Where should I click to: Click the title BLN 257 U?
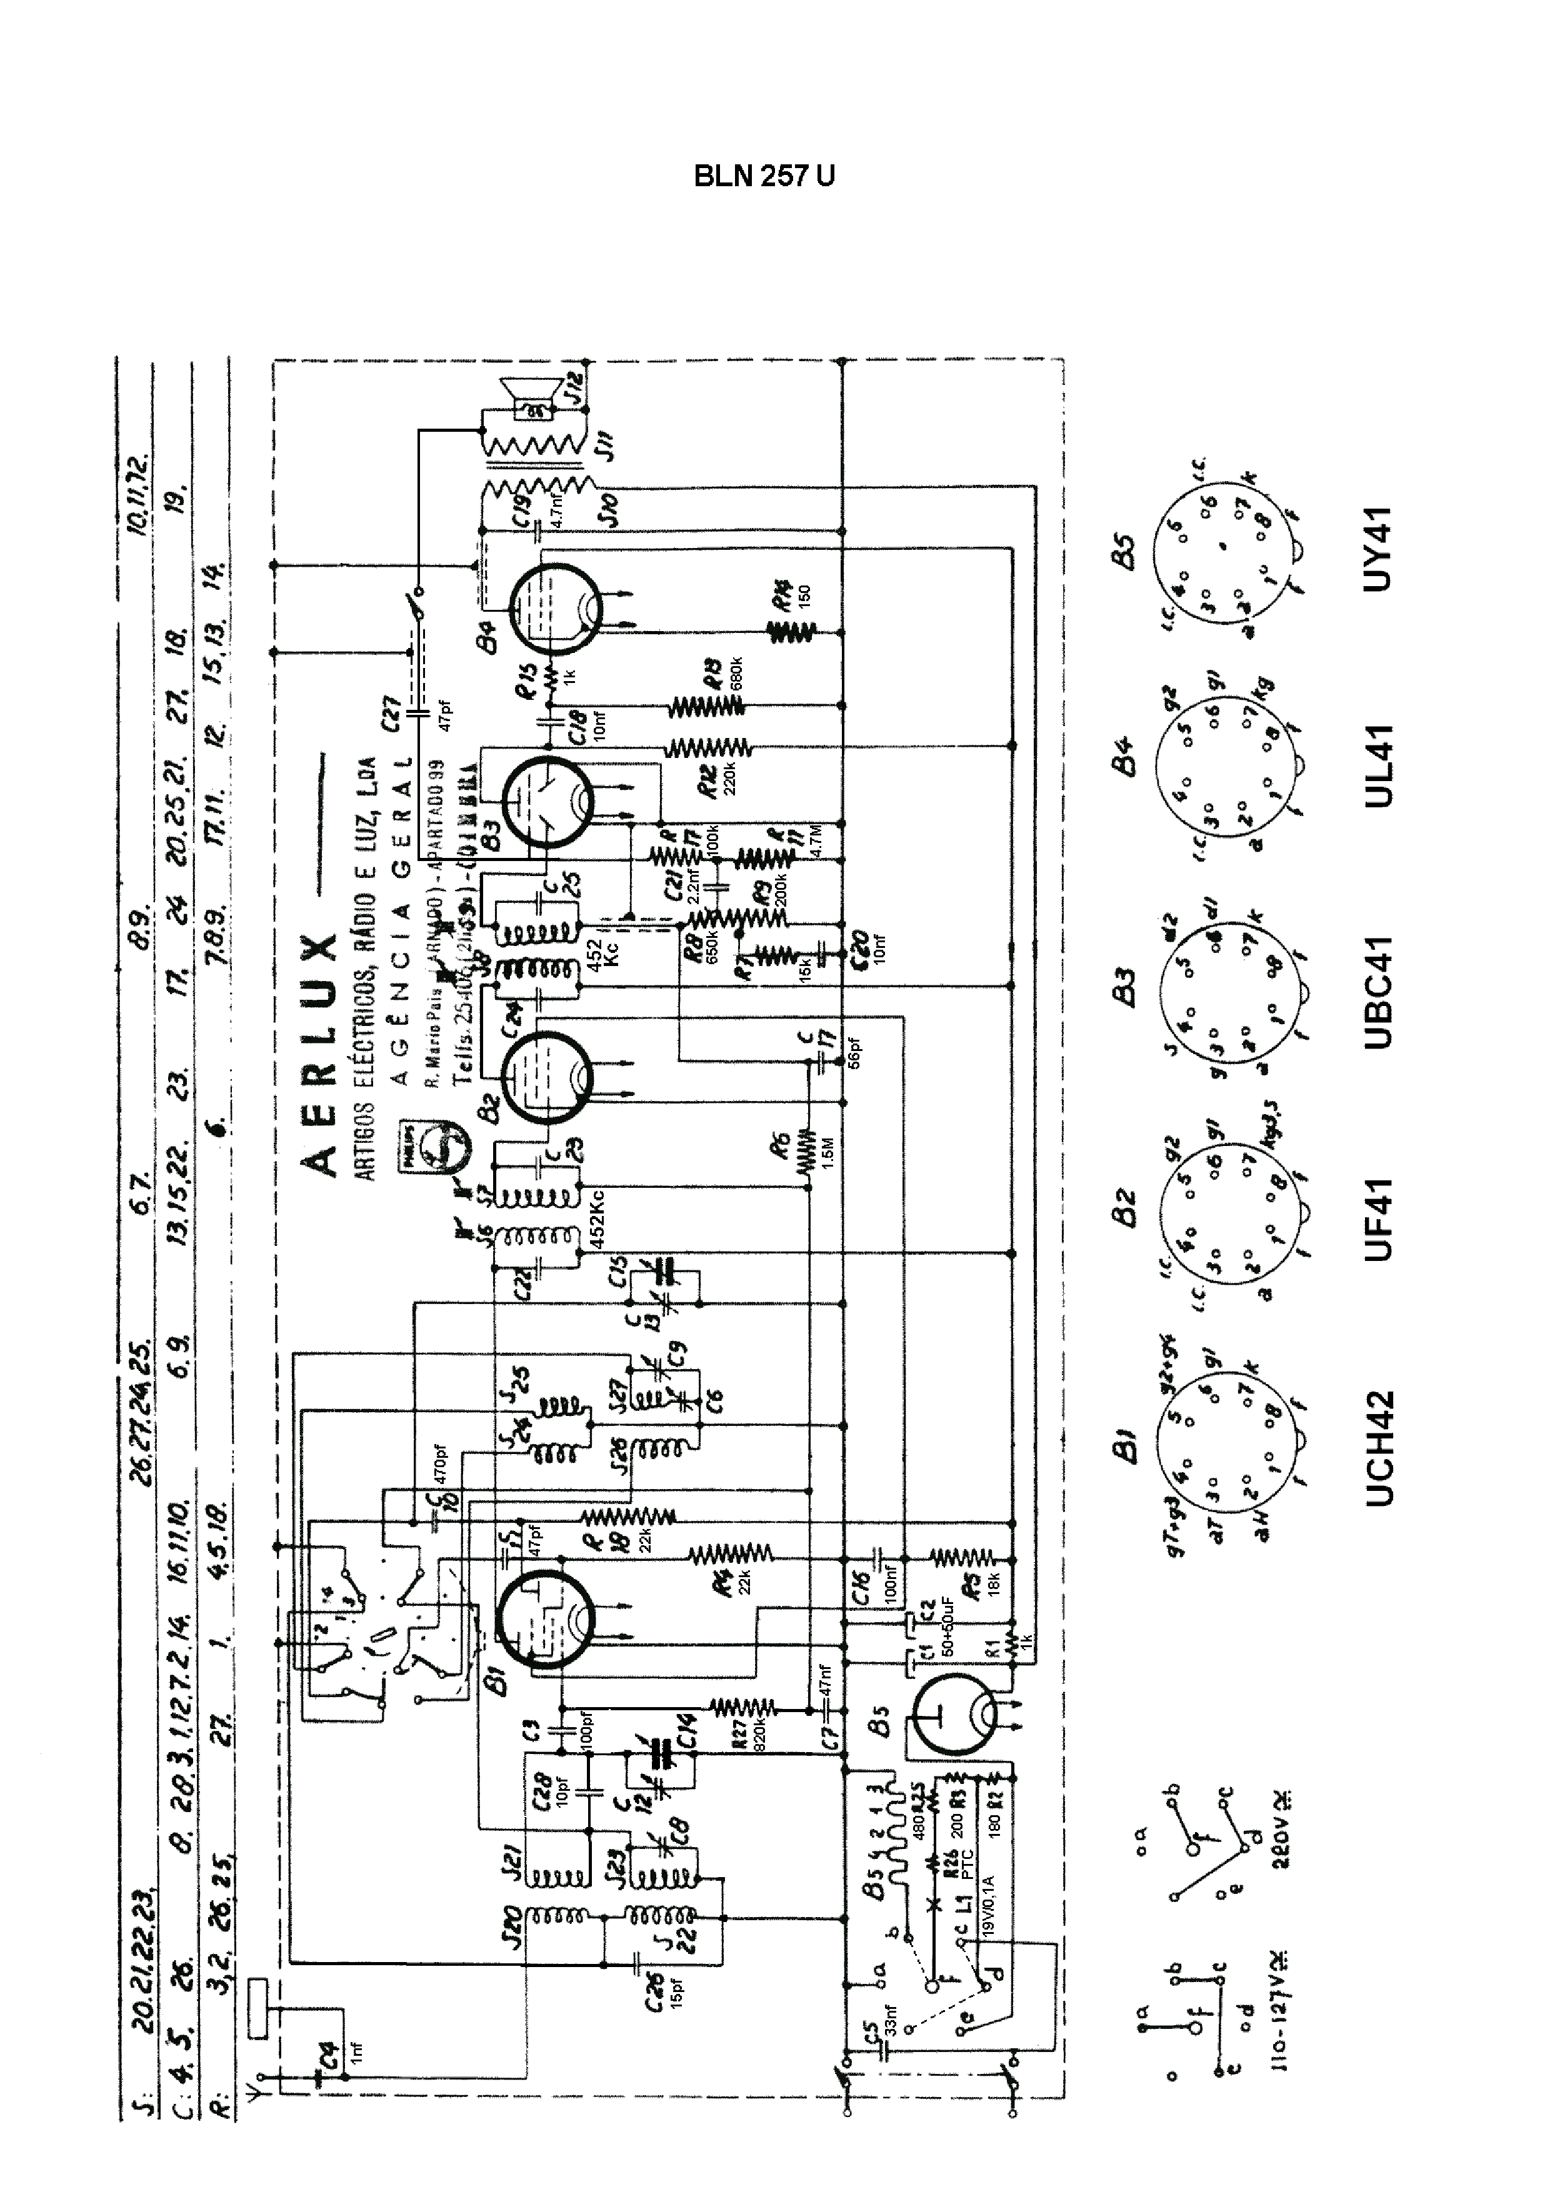pos(763,177)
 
